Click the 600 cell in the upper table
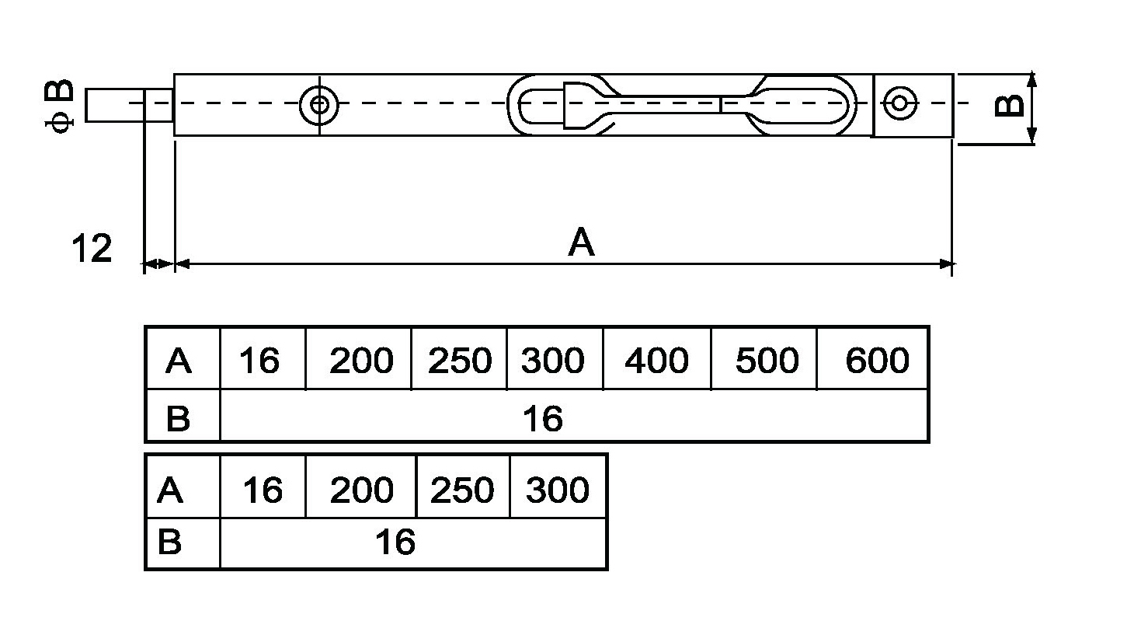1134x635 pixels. tap(876, 361)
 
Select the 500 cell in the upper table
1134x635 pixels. tap(766, 361)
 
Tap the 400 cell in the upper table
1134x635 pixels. tap(656, 361)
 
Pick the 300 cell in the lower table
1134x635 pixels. tap(558, 490)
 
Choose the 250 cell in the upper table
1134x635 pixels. tap(459, 361)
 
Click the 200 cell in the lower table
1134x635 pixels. tap(361, 490)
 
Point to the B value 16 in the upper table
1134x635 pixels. tap(542, 419)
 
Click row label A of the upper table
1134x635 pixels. tap(179, 361)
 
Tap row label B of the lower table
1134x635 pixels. tap(169, 542)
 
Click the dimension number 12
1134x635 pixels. tap(92, 249)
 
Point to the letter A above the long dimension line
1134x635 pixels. tap(581, 242)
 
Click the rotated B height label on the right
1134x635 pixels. tap(1009, 105)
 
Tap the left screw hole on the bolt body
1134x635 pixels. tap(318, 103)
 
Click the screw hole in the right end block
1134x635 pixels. tap(900, 103)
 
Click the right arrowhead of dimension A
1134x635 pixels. tap(946, 264)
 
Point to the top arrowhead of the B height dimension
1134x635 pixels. tap(1031, 79)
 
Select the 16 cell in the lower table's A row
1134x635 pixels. tap(263, 490)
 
